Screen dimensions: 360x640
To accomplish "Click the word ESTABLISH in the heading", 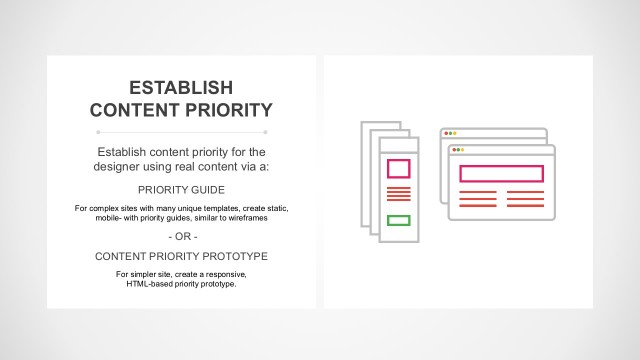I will (181, 87).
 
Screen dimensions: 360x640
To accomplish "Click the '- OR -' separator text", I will (181, 236).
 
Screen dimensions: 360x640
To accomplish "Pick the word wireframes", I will (246, 217).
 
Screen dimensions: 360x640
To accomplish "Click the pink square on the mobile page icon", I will (398, 168).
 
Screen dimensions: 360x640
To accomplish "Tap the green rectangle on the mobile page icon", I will (398, 220).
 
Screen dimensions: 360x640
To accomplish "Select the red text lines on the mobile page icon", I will (398, 194).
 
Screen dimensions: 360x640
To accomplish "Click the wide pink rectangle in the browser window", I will (501, 173).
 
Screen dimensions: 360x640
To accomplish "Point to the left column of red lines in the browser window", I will (476, 198).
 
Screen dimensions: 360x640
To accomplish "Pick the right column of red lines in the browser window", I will (526, 198).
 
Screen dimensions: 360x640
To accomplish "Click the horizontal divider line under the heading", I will (181, 131).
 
